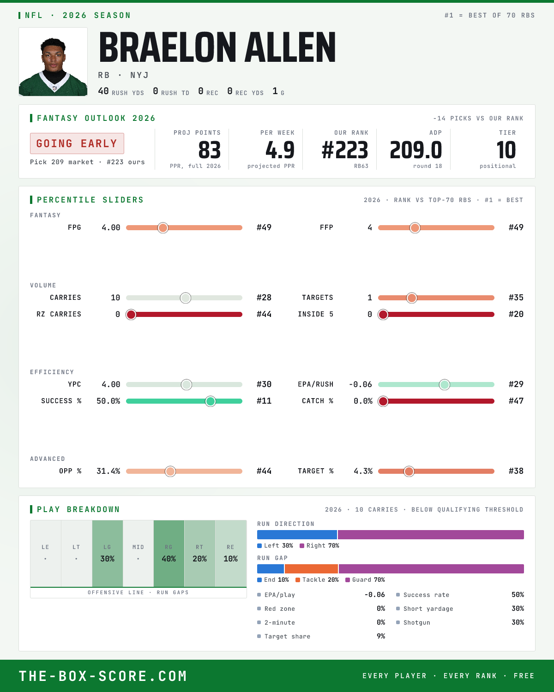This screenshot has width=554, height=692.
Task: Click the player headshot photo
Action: [x=53, y=62]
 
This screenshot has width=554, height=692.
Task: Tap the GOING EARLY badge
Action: [x=77, y=143]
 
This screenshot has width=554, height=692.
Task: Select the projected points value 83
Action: [x=210, y=150]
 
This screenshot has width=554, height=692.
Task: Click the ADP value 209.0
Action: [x=416, y=150]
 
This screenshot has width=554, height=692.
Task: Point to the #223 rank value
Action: [x=345, y=150]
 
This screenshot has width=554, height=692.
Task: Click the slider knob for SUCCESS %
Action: [x=211, y=401]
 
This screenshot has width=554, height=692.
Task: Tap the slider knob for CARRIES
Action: [x=186, y=298]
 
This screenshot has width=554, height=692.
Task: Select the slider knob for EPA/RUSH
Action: [x=445, y=385]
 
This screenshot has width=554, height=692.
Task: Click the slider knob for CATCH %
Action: [x=383, y=401]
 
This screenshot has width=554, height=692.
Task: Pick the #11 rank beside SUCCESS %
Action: [x=264, y=401]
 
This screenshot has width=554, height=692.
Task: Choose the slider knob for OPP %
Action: [x=170, y=471]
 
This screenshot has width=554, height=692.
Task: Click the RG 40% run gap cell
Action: [x=169, y=554]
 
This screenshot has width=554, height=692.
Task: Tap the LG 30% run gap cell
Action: [x=108, y=554]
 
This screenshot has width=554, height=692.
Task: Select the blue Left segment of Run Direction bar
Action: [x=297, y=535]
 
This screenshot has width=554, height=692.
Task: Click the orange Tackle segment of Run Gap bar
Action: [x=312, y=569]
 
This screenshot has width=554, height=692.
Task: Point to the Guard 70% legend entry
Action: [x=365, y=580]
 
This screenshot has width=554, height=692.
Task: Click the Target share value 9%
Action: [x=381, y=636]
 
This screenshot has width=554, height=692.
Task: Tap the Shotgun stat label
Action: [x=417, y=622]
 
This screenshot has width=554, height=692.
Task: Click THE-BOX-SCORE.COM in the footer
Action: [x=103, y=676]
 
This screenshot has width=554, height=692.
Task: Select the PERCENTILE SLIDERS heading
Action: [x=90, y=200]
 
